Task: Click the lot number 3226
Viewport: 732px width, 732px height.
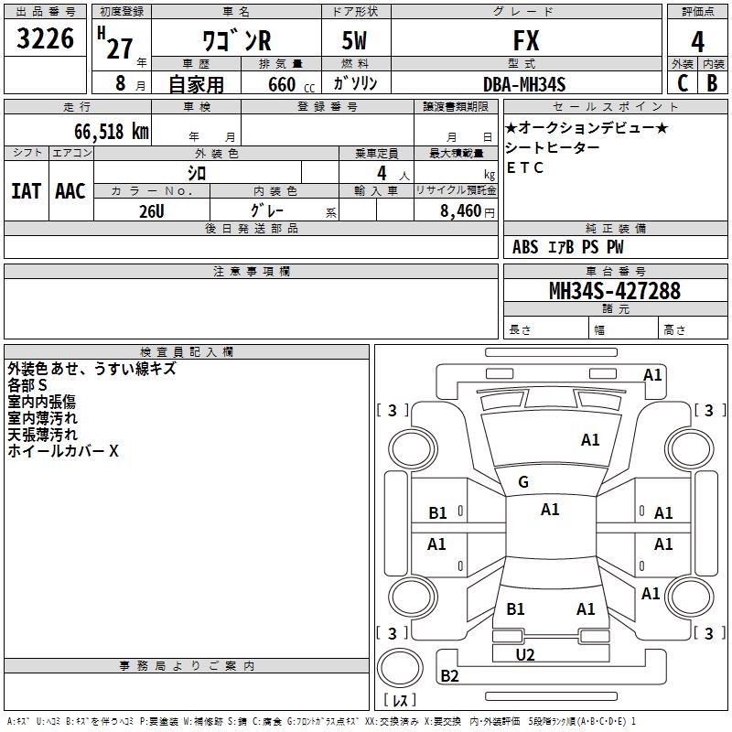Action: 45,38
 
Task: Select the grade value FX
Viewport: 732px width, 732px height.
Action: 526,40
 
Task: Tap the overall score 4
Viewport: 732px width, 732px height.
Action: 697,42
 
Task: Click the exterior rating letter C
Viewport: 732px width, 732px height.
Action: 683,83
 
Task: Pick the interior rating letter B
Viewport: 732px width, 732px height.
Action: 712,83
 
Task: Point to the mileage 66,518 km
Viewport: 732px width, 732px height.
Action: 112,132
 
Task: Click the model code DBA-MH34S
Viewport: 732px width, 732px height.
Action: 524,84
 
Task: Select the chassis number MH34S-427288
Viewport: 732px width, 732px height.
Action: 615,291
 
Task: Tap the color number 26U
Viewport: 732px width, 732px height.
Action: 152,211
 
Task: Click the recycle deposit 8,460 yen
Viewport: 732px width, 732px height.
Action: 468,211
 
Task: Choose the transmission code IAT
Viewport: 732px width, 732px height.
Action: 27,191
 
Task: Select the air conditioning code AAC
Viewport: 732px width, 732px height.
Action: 70,191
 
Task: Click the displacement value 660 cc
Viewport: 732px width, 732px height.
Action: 291,85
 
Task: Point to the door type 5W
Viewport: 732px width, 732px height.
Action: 354,40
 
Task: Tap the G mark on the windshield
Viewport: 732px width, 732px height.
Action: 523,482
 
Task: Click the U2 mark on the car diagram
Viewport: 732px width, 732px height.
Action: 525,655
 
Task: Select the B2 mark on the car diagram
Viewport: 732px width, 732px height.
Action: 449,675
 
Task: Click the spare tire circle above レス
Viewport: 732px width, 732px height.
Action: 400,668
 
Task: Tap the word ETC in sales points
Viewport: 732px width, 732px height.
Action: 525,167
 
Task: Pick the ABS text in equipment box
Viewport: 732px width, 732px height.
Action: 525,247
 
